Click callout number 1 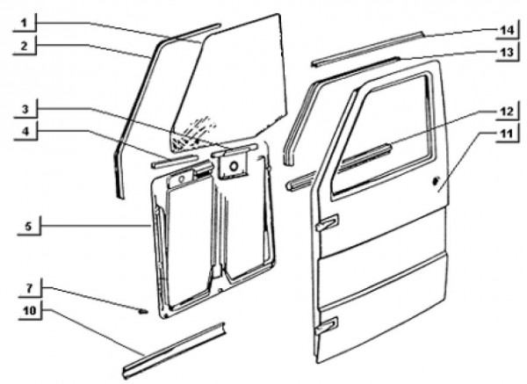(x=24, y=23)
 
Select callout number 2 (x=24, y=46)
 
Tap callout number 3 (x=25, y=109)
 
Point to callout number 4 (x=25, y=132)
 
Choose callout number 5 (x=29, y=227)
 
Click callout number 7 (x=30, y=288)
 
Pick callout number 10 (x=30, y=311)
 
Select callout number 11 (x=507, y=134)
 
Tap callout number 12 (x=507, y=112)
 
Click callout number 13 (x=507, y=53)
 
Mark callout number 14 (x=507, y=30)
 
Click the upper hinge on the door (x=327, y=222)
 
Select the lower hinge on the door (x=327, y=325)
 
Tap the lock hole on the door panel (x=436, y=181)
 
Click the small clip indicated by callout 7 (x=143, y=311)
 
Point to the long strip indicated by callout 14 (x=368, y=48)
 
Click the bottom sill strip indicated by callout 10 (x=174, y=351)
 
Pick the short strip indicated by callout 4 (x=174, y=161)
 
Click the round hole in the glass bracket (x=234, y=166)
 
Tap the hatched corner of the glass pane (x=190, y=135)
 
